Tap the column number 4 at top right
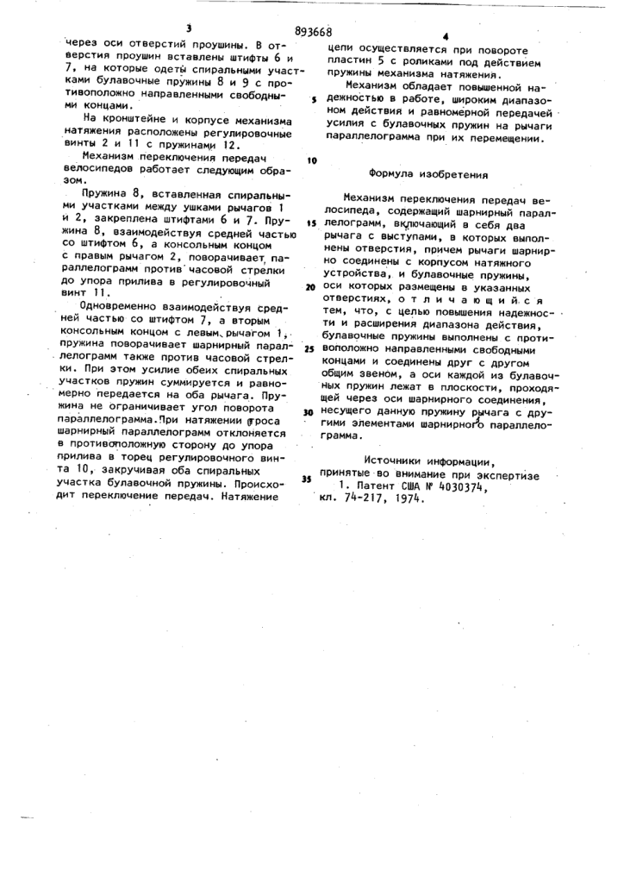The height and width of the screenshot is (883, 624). [446, 37]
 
